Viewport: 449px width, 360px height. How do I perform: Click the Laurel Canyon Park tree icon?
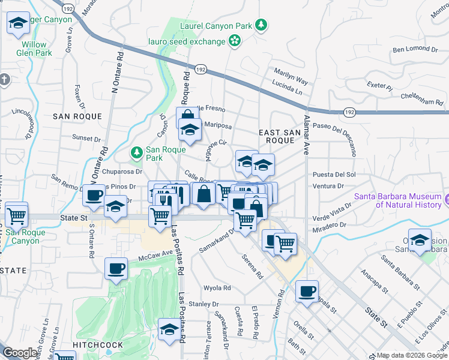pyautogui.click(x=261, y=25)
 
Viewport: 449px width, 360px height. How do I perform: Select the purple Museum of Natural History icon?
pyautogui.click(x=446, y=199)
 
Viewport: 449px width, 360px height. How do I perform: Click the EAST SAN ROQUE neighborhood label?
pyautogui.click(x=276, y=136)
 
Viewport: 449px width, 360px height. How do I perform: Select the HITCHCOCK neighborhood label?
pyautogui.click(x=97, y=345)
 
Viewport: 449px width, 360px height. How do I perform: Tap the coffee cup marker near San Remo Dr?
pyautogui.click(x=94, y=194)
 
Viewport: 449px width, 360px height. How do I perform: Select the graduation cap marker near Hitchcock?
pyautogui.click(x=170, y=329)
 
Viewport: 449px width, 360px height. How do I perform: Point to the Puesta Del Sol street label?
pyautogui.click(x=334, y=175)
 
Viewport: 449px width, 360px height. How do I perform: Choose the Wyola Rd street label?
pyautogui.click(x=217, y=288)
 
